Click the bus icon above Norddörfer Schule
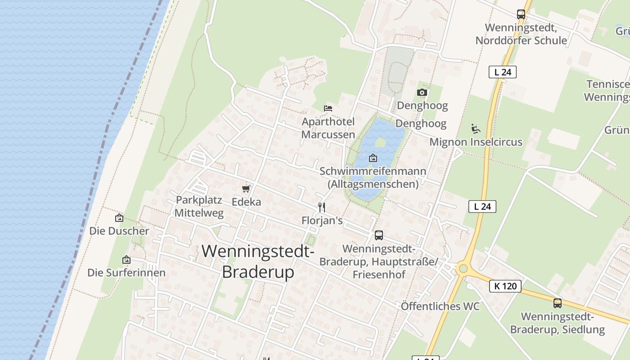521,14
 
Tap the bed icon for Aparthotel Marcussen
328,108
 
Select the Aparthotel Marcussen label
328,128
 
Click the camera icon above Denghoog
422,93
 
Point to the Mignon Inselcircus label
476,142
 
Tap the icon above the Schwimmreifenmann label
373,158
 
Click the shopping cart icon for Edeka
246,189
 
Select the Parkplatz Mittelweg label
199,207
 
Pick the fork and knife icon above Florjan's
321,207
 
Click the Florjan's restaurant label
322,220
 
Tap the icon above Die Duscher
119,218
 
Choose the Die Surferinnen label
126,273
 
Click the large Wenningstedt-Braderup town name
258,261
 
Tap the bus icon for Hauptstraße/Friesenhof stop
379,235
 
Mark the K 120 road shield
505,286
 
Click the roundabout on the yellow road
463,269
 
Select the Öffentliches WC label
440,306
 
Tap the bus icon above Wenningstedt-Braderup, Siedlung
557,303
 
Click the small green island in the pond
381,142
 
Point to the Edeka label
246,202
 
